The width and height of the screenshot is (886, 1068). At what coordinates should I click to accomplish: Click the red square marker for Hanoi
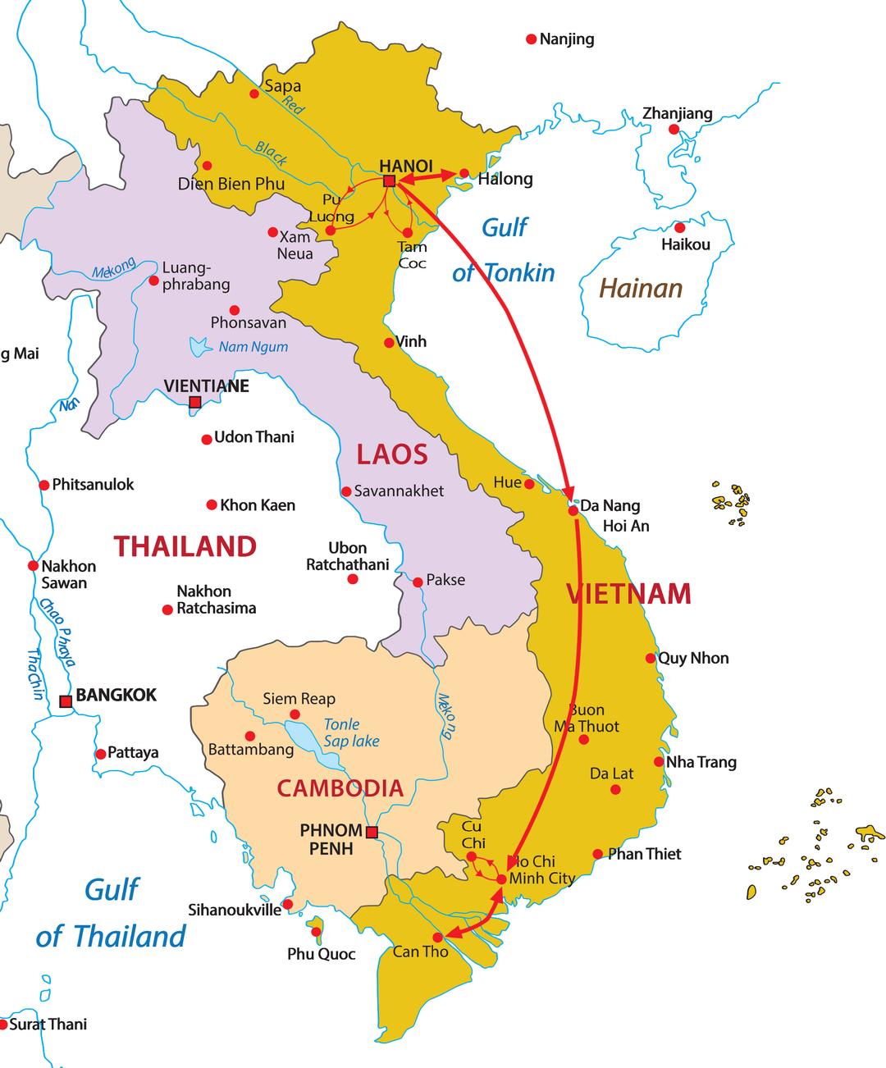tap(390, 180)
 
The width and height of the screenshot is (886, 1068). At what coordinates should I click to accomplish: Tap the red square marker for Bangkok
tap(66, 701)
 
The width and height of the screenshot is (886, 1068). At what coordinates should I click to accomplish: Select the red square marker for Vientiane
tap(195, 402)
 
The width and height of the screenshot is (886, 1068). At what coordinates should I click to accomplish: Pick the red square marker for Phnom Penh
tap(372, 833)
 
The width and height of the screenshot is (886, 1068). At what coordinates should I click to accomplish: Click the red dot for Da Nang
tap(573, 510)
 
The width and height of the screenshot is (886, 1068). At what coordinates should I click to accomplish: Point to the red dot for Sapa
tap(254, 94)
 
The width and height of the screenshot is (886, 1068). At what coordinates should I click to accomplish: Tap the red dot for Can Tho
tap(438, 937)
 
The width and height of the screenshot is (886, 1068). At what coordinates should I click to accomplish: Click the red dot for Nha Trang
tap(659, 761)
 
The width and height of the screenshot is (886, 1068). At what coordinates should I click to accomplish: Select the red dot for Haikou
tap(679, 227)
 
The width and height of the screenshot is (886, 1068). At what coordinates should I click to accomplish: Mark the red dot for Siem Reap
tap(295, 714)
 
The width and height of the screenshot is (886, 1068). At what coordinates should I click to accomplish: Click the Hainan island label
tap(640, 288)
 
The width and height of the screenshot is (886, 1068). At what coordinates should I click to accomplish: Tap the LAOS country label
tap(391, 454)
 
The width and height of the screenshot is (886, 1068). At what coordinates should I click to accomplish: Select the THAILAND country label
tap(185, 546)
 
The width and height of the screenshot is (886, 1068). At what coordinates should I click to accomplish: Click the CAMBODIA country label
tap(340, 788)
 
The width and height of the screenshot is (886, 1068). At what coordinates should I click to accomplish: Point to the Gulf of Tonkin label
tap(504, 249)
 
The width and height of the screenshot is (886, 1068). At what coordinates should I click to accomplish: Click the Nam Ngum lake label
tap(253, 347)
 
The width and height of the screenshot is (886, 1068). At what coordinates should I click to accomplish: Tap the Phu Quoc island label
tap(321, 954)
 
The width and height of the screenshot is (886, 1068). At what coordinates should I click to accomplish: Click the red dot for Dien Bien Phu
tap(207, 165)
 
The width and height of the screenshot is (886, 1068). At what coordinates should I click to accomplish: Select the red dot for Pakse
tap(418, 582)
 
